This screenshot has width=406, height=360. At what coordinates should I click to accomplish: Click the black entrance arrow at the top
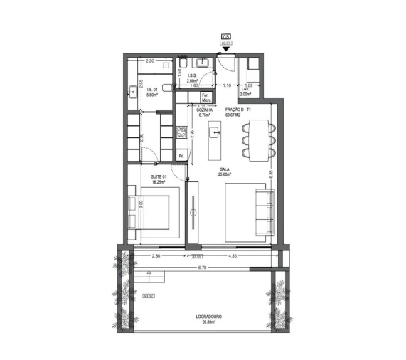(x=226, y=48)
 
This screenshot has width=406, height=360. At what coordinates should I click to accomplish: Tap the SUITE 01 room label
(x=158, y=177)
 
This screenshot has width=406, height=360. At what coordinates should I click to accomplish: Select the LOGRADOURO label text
(x=205, y=317)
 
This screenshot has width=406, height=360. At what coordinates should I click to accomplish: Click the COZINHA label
(x=205, y=110)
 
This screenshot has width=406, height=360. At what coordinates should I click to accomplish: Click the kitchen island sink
(x=215, y=131)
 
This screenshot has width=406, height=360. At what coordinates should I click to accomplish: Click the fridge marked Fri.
(x=181, y=155)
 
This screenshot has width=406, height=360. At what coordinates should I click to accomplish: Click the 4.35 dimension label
(x=232, y=255)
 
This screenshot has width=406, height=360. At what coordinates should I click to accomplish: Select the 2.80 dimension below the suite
(x=157, y=255)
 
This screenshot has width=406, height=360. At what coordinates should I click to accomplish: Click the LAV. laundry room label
(x=245, y=90)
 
